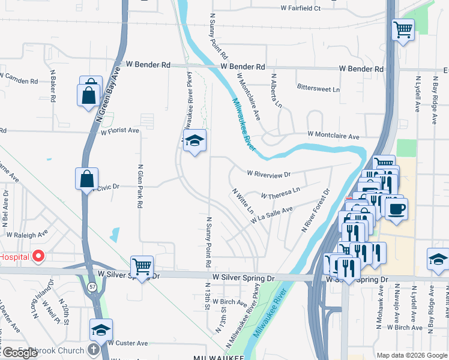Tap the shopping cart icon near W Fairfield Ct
click(x=403, y=29)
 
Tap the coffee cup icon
click(x=396, y=209)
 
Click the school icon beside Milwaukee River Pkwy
click(x=194, y=141)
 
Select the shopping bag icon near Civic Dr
click(x=86, y=178)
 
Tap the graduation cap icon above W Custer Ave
click(x=101, y=329)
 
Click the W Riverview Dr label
click(x=268, y=174)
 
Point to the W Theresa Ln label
click(x=280, y=193)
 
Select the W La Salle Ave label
click(x=272, y=215)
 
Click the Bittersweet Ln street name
click(x=318, y=88)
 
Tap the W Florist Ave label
click(x=120, y=130)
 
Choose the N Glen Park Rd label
click(x=140, y=187)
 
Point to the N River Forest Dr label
click(x=316, y=211)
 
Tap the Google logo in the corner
click(x=19, y=353)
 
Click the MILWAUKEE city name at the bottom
click(x=218, y=357)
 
